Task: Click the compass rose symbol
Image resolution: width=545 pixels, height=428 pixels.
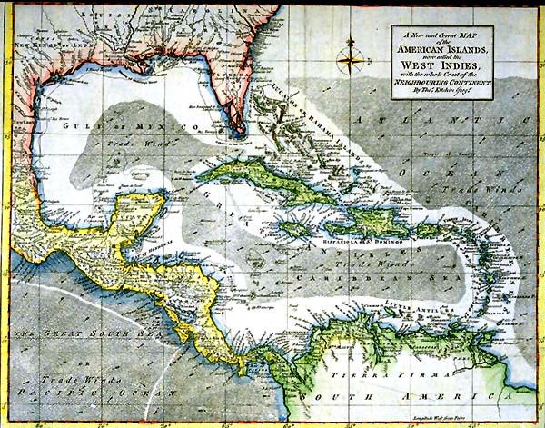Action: tap(349, 60)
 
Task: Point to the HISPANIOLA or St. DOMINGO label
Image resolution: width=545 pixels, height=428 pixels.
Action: tap(341, 244)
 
